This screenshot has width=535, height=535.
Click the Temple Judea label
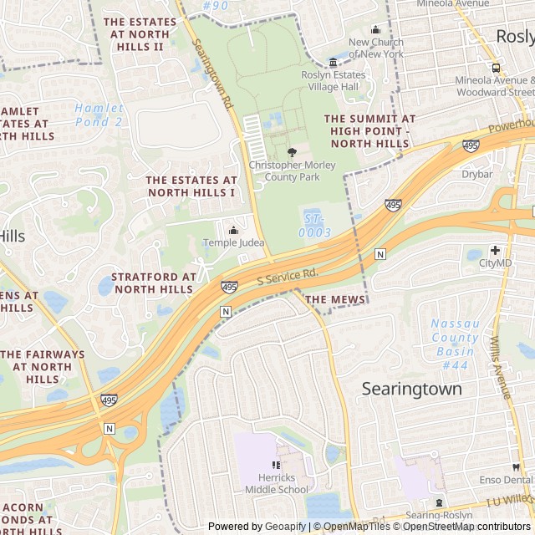point(233,243)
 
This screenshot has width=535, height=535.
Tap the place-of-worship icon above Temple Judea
point(233,231)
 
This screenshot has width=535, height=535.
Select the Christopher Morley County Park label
point(292,171)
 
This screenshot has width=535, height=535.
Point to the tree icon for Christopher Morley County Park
point(292,152)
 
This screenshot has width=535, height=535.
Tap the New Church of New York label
point(375,48)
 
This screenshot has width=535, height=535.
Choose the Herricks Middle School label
point(276,483)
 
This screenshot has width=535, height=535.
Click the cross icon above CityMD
point(495,250)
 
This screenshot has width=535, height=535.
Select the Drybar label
point(477,175)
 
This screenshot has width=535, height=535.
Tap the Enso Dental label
point(506,480)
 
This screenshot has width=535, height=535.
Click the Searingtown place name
point(411,389)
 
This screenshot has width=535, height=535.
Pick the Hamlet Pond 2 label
point(99,115)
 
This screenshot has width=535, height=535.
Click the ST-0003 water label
point(314,227)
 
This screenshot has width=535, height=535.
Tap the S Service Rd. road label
point(288,276)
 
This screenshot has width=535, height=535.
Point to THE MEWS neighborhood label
point(335,299)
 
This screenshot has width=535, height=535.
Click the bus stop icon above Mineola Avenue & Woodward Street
point(496,68)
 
